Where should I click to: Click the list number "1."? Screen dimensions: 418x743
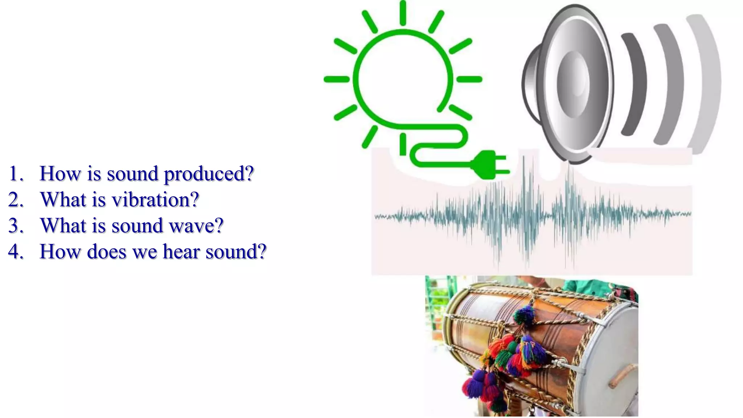click(x=16, y=173)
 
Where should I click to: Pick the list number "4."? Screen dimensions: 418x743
click(x=16, y=251)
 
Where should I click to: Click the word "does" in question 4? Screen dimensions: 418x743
click(x=107, y=251)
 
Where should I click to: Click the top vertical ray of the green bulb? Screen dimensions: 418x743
click(x=403, y=13)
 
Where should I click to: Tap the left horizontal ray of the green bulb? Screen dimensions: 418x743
click(x=336, y=79)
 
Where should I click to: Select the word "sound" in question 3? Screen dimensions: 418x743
click(x=137, y=226)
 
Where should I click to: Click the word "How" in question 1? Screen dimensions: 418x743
click(x=60, y=173)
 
